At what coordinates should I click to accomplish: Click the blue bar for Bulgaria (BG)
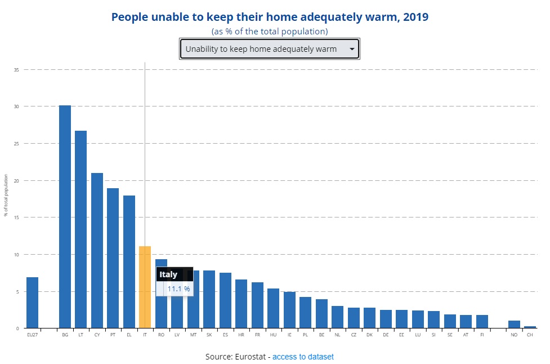(x=65, y=216)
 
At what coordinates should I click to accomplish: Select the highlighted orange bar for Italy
(x=145, y=287)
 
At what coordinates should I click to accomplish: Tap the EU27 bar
(x=32, y=303)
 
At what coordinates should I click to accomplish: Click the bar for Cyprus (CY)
(x=97, y=250)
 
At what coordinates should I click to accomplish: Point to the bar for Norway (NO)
(x=514, y=325)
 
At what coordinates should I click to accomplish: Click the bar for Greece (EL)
(x=129, y=261)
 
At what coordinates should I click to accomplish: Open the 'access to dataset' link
(x=303, y=357)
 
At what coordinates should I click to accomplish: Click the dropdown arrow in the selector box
(x=352, y=49)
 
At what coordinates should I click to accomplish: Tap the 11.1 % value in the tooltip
(x=178, y=289)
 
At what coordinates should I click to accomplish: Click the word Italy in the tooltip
(x=168, y=274)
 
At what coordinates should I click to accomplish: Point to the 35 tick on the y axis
(x=17, y=70)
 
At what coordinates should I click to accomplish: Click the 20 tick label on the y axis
(x=17, y=180)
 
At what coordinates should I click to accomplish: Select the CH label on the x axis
(x=530, y=335)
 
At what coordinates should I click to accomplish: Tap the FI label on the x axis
(x=482, y=335)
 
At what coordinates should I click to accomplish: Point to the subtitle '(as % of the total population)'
(x=270, y=32)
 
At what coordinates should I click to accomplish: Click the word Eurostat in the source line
(x=251, y=357)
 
